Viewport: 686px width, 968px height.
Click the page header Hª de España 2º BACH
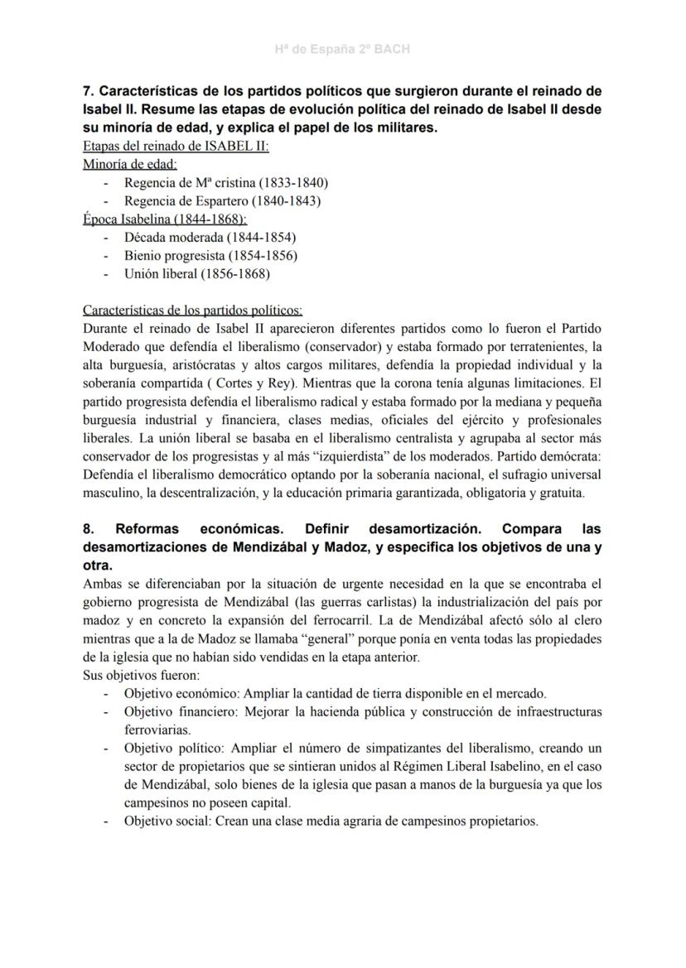click(342, 50)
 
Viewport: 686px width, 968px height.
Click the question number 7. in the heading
click(89, 91)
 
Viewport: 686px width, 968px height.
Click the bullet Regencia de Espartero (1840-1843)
click(222, 200)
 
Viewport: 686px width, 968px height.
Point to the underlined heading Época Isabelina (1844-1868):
click(164, 219)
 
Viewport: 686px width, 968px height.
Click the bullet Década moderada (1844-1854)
click(210, 237)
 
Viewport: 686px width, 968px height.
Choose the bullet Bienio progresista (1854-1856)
click(210, 255)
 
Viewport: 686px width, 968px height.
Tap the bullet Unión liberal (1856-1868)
click(196, 273)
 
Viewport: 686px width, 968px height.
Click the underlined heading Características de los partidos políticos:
click(192, 311)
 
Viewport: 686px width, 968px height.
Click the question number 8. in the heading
click(89, 529)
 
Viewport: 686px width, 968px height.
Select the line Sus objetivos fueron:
click(136, 676)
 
